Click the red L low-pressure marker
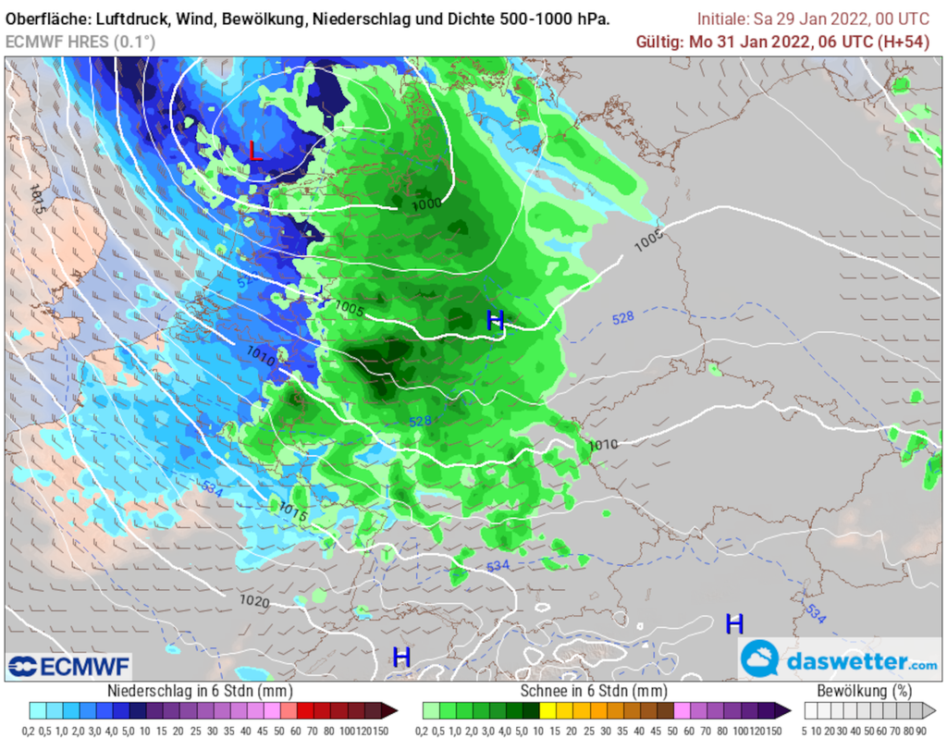click(x=255, y=151)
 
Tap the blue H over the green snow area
click(x=496, y=321)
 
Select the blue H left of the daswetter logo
click(x=734, y=623)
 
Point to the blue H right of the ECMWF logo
click(x=401, y=658)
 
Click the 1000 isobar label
click(x=427, y=203)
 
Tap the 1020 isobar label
click(x=254, y=601)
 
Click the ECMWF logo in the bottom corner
click(x=69, y=666)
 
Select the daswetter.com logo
click(x=840, y=661)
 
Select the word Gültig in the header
click(x=660, y=42)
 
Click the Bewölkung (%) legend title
click(x=867, y=691)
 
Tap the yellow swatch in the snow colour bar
click(x=547, y=710)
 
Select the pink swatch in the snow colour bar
click(x=683, y=710)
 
